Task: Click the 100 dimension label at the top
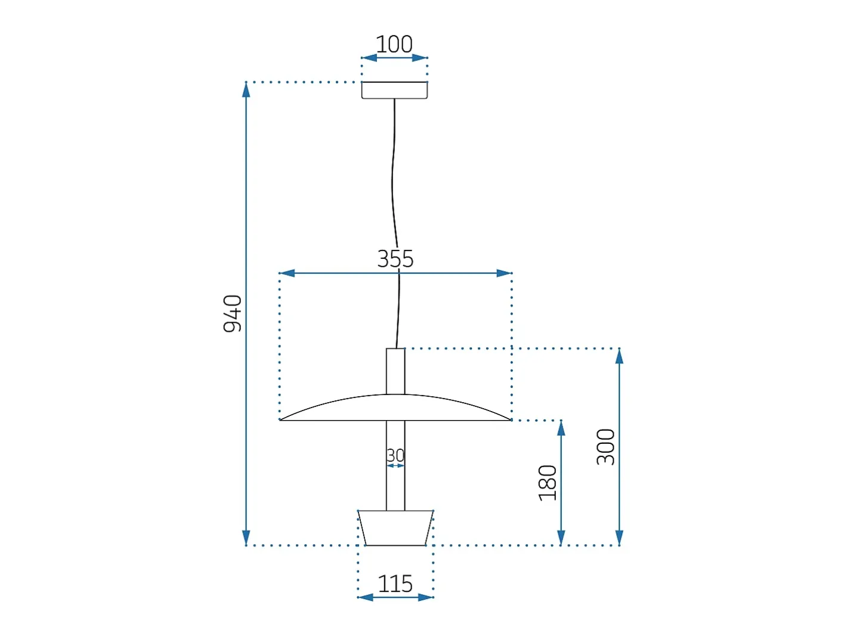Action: tap(394, 44)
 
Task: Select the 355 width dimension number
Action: tap(395, 258)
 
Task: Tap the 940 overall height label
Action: tap(233, 313)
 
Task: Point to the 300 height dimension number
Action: tap(605, 446)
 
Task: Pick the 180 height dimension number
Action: tap(547, 483)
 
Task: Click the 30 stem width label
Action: tap(395, 455)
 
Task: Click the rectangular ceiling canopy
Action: tap(394, 90)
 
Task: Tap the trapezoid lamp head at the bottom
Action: tap(395, 528)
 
